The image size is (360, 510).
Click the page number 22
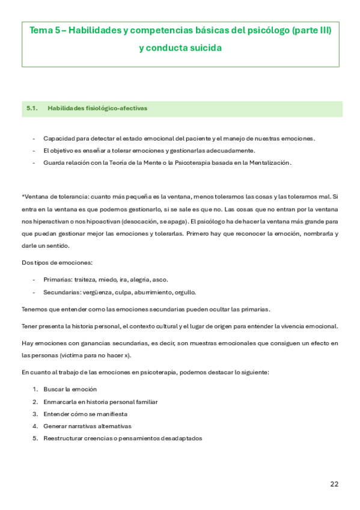coord(335,484)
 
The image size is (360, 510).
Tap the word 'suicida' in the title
coord(206,48)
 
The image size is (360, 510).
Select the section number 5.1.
coord(32,108)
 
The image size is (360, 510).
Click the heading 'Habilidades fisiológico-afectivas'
coord(97,108)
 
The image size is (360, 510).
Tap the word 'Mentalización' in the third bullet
coord(267,162)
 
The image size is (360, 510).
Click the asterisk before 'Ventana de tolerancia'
coord(23,197)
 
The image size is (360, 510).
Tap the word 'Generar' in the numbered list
coord(55,426)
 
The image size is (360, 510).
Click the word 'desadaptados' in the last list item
coord(181,438)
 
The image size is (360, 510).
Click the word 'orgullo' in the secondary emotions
coord(185,292)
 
